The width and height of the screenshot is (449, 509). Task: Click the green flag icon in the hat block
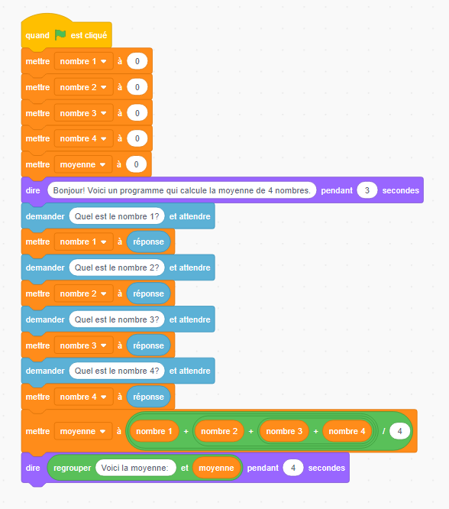click(x=60, y=34)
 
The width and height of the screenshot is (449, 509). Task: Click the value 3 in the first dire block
click(x=367, y=190)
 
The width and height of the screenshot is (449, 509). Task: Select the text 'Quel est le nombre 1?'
click(x=117, y=216)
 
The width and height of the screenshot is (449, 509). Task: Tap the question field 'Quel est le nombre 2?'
click(x=117, y=267)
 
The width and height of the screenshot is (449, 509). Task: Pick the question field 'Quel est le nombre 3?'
click(x=117, y=319)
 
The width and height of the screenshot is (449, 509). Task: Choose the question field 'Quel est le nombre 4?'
click(x=117, y=371)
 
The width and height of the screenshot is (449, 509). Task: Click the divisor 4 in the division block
click(x=399, y=431)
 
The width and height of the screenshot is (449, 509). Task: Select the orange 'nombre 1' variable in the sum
click(x=154, y=431)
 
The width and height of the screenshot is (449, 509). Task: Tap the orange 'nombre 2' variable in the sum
click(x=219, y=431)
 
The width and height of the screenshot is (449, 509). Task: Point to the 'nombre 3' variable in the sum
click(x=284, y=431)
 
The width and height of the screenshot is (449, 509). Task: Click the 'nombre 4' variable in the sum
click(x=347, y=431)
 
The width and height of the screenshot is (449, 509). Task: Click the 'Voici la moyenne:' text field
click(x=136, y=468)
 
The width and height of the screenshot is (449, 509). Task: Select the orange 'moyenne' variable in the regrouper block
click(x=216, y=468)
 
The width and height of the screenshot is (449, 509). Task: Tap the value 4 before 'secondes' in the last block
click(x=293, y=468)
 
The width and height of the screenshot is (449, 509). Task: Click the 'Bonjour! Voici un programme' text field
click(x=182, y=190)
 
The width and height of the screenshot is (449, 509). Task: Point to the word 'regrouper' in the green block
click(x=73, y=468)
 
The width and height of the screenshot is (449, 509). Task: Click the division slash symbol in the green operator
click(x=383, y=431)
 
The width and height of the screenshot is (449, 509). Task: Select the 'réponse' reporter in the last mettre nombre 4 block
click(x=148, y=397)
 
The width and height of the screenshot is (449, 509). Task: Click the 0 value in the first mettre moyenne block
click(x=136, y=164)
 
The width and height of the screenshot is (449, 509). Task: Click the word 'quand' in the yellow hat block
click(x=37, y=35)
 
